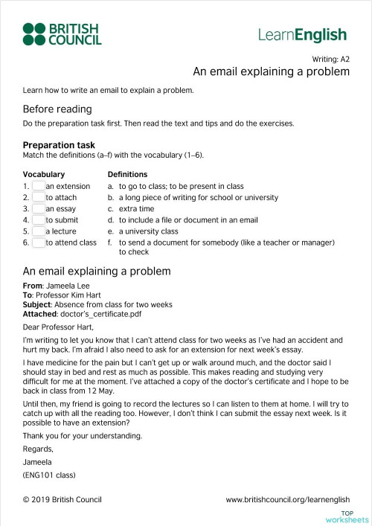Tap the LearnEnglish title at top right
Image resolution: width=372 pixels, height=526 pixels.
coord(303,34)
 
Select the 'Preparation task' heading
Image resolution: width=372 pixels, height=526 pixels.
coord(59,145)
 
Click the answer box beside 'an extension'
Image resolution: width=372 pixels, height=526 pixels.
coord(38,186)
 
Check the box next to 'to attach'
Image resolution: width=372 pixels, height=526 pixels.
coord(38,198)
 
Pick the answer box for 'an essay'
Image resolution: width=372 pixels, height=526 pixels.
coord(38,209)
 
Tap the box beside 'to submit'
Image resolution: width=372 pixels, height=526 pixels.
coord(38,220)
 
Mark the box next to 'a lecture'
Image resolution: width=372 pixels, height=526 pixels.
coord(38,231)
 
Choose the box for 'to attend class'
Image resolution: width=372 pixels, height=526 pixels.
coord(38,243)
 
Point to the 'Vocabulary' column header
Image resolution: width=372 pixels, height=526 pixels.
coord(44,174)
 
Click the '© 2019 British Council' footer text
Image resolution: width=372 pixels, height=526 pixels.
coord(62,500)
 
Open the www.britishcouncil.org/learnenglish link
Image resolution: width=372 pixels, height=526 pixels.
coord(287,500)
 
